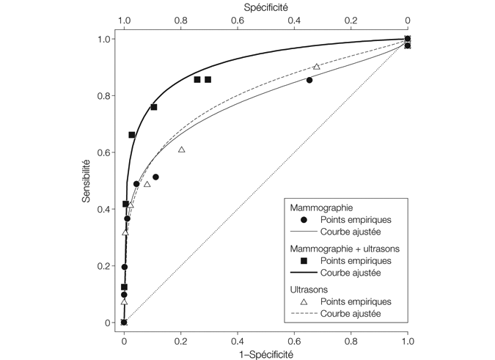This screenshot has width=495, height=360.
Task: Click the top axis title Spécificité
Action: coord(265,7)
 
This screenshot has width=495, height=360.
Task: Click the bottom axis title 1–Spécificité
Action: coord(265,353)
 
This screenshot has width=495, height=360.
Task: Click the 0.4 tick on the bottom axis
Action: coord(238,340)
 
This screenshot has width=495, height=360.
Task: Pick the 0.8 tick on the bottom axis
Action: coord(351,340)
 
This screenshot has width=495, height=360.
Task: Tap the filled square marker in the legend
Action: coord(304,260)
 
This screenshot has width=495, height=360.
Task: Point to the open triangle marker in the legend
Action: coord(304,301)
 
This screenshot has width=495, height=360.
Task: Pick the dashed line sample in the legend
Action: coord(304,313)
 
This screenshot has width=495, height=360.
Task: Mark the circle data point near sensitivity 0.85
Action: coord(309,80)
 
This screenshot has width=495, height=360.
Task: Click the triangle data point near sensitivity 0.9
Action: coord(317,67)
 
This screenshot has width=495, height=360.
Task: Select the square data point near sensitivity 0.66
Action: coord(132,135)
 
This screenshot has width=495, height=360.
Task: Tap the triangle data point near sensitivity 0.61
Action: coord(181,150)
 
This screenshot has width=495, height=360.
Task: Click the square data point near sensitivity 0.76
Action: coord(154,107)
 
